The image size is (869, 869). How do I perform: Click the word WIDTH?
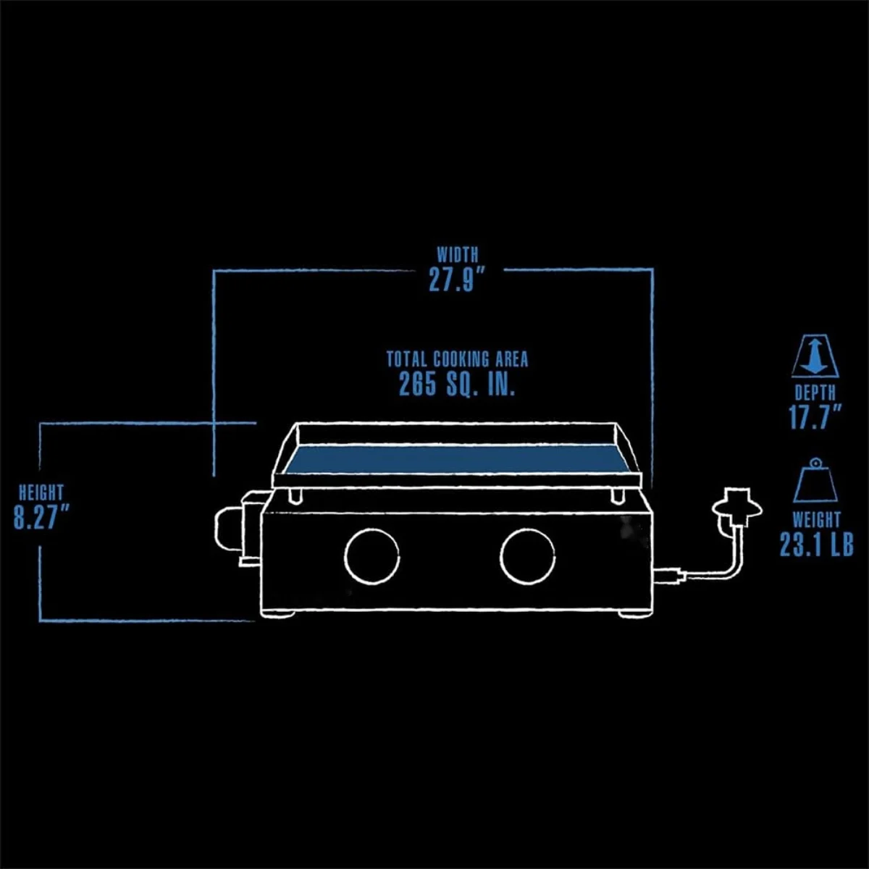click(x=457, y=255)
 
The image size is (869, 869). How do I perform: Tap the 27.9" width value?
click(x=458, y=280)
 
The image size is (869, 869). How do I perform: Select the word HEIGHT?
click(x=41, y=492)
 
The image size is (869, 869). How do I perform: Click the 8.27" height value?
click(x=41, y=517)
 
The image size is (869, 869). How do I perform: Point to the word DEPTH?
click(x=815, y=392)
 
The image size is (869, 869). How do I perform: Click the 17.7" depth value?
click(x=815, y=417)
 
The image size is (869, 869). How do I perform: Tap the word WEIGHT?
click(x=817, y=520)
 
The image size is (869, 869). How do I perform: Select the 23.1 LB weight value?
click(x=817, y=545)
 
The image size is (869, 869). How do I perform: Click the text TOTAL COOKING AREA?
click(x=457, y=359)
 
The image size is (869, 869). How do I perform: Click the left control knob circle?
click(x=371, y=529)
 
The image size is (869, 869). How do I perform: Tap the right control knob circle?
click(x=528, y=529)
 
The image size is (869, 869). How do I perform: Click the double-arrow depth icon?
click(x=815, y=357)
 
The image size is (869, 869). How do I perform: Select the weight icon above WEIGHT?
click(x=815, y=481)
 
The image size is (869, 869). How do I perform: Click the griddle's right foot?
click(x=633, y=615)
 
